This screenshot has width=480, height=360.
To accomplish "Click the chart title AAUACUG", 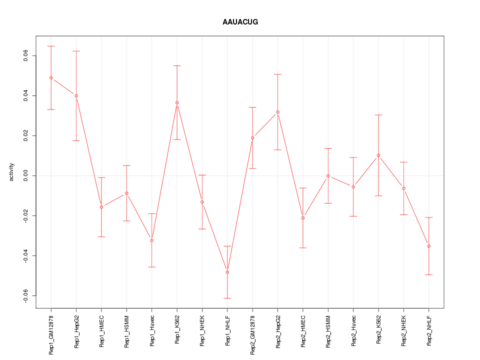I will pyautogui.click(x=240, y=22).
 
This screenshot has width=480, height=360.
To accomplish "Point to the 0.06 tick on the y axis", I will pyautogui.click(x=26, y=55).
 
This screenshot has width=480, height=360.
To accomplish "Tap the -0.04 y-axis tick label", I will pyautogui.click(x=26, y=255).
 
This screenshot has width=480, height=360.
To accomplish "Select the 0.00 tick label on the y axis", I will pyautogui.click(x=26, y=175).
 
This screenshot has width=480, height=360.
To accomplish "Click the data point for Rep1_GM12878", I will pyautogui.click(x=51, y=78).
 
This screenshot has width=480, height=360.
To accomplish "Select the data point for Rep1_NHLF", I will pyautogui.click(x=227, y=272).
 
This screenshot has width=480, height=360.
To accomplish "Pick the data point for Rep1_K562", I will pyautogui.click(x=177, y=103).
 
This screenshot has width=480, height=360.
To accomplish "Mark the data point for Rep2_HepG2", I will pyautogui.click(x=277, y=112).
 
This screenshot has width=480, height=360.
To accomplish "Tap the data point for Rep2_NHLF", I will pyautogui.click(x=428, y=246).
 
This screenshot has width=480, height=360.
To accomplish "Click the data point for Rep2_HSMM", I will pyautogui.click(x=328, y=175).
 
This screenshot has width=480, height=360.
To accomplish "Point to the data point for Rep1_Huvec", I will pyautogui.click(x=152, y=240).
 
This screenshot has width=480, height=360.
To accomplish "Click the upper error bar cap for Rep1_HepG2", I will pyautogui.click(x=76, y=51).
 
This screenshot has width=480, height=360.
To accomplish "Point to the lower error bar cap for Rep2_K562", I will pyautogui.click(x=378, y=196).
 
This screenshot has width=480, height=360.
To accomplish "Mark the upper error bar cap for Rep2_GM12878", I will pyautogui.click(x=252, y=107).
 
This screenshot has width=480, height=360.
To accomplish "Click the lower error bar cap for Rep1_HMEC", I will pyautogui.click(x=101, y=236).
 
